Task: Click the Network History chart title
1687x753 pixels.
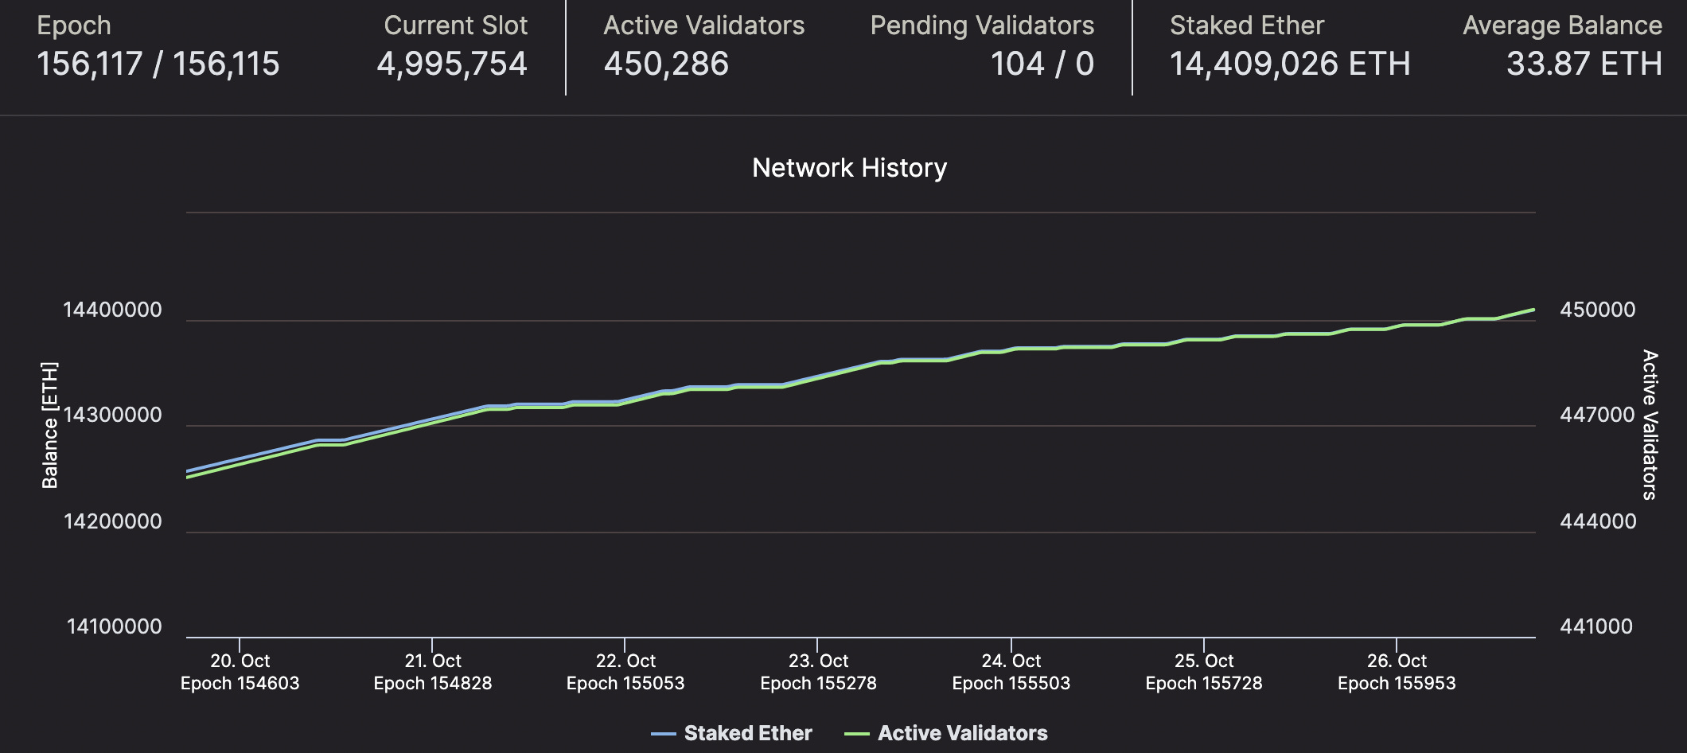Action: [x=849, y=168]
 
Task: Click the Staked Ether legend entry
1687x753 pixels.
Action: [x=732, y=733]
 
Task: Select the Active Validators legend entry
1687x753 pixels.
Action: [x=947, y=733]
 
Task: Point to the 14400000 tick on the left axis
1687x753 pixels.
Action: [x=112, y=310]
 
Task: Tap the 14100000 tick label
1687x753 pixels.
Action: [x=114, y=627]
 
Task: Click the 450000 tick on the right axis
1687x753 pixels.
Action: [x=1597, y=310]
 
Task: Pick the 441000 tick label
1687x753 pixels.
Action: [x=1595, y=627]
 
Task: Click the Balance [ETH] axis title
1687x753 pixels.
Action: [x=50, y=425]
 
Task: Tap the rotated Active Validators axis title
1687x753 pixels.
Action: [x=1650, y=425]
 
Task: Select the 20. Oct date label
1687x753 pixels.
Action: [x=240, y=661]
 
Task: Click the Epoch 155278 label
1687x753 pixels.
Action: [x=818, y=683]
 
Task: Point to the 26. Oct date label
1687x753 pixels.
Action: [x=1397, y=661]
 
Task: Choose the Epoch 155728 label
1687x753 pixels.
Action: [x=1203, y=683]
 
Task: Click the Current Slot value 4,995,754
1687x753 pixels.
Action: [x=451, y=64]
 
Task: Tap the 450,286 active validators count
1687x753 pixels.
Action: [x=666, y=64]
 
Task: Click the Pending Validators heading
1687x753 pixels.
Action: [x=982, y=25]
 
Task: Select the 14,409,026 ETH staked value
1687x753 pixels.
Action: [x=1289, y=64]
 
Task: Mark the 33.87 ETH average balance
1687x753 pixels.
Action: [x=1584, y=64]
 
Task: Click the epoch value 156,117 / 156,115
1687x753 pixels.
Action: [x=158, y=64]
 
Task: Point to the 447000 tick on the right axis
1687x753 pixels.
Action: [x=1596, y=416]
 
